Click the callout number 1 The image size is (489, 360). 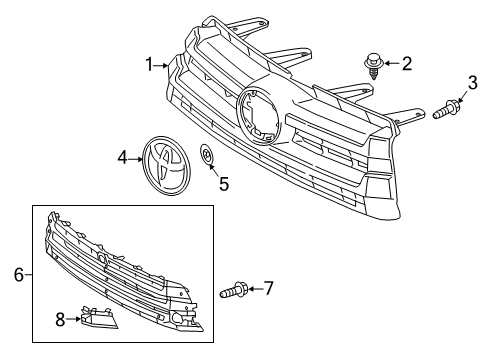tap(148, 65)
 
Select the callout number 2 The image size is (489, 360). tap(407, 65)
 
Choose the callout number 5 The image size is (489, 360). tap(224, 183)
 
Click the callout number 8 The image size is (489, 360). tap(60, 320)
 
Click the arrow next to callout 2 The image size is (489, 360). tap(391, 65)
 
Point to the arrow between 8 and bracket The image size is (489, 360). tap(72, 320)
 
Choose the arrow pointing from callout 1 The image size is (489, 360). tap(162, 67)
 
